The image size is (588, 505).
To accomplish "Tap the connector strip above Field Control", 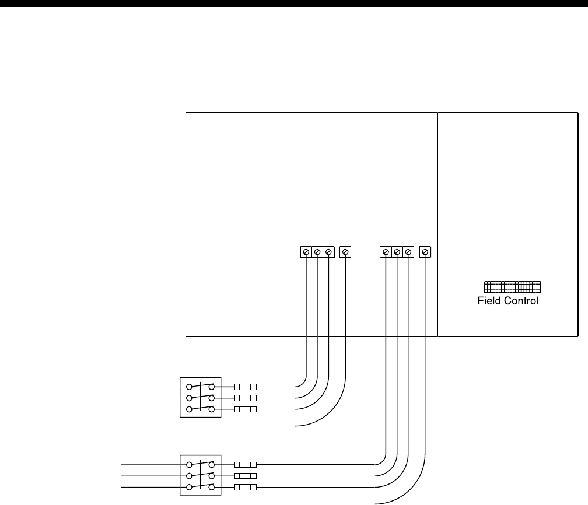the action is (x=512, y=286).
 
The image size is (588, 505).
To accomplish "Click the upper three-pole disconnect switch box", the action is (x=200, y=398).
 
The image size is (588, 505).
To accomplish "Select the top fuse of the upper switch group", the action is (x=245, y=387).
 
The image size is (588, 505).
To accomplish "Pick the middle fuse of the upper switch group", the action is (x=245, y=398).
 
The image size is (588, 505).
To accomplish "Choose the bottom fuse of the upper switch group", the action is (x=245, y=409).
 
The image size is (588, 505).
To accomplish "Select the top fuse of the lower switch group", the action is (x=245, y=465).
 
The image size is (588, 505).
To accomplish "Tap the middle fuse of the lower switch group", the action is (x=245, y=476).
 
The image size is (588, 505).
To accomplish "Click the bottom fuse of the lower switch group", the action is (x=245, y=487).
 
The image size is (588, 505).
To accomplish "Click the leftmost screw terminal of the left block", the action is (x=306, y=252).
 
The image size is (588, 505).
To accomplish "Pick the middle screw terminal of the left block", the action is (x=317, y=252).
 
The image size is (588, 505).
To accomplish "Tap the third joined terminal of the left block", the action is (x=328, y=252).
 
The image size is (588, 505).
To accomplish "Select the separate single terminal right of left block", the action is (x=345, y=252).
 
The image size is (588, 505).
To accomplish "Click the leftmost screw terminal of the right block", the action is (x=386, y=252).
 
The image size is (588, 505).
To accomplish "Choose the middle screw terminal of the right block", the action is (x=397, y=252).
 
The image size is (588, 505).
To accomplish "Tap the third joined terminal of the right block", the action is (x=408, y=252).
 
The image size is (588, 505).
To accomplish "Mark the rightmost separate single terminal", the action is (x=425, y=252).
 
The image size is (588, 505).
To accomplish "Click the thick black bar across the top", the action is (x=294, y=3).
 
